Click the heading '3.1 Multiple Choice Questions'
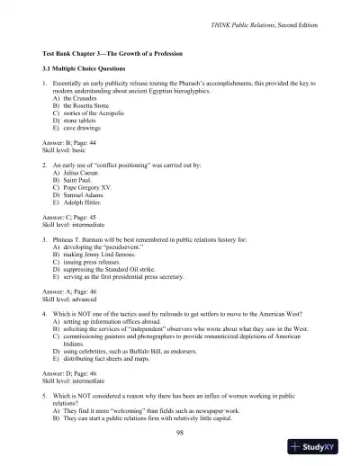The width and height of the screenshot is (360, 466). pos(92,67)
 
